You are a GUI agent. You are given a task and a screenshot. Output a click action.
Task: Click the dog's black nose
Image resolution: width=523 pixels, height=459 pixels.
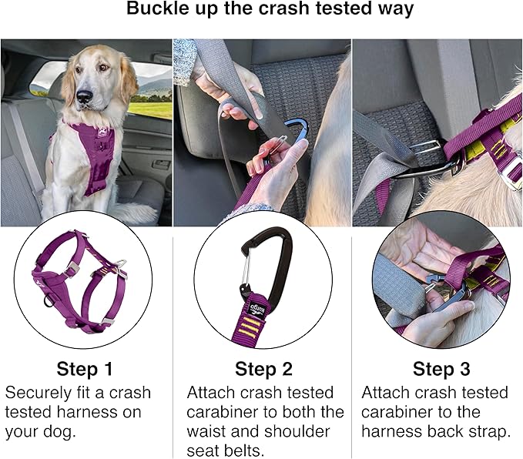85,96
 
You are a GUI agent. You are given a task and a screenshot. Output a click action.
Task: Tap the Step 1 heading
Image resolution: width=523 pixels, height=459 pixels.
85,369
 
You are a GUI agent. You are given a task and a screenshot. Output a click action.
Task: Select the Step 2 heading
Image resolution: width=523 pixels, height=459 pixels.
263,369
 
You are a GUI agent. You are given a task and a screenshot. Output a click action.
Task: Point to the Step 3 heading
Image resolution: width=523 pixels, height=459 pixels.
441,369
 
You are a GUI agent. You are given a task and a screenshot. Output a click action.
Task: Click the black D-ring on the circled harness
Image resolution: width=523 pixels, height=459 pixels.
49,300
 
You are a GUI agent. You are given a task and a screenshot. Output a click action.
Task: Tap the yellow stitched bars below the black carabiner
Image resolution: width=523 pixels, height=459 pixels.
250,329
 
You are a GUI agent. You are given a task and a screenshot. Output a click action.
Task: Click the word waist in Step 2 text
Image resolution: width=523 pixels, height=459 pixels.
205,431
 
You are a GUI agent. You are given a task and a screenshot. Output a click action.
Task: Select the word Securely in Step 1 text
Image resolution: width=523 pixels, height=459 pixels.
39,394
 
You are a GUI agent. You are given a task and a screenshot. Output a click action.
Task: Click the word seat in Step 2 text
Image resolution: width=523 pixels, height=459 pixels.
201,451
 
